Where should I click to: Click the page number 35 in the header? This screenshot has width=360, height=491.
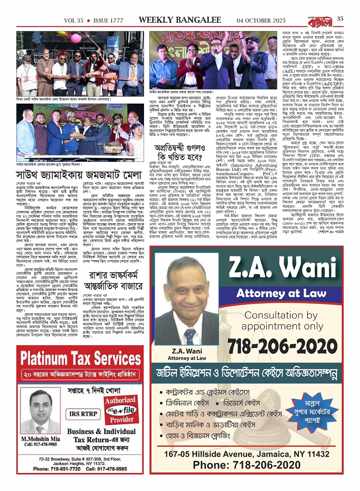coord(340,18)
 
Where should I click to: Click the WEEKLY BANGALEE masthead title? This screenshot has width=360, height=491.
coord(180,20)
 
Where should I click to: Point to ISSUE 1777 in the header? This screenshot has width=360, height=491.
coord(108,21)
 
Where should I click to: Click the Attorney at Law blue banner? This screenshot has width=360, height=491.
coord(282,293)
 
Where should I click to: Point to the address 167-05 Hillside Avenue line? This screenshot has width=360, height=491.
coord(246,454)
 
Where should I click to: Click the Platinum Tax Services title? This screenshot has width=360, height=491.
coord(81,358)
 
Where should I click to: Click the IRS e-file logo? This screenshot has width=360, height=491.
coord(120,410)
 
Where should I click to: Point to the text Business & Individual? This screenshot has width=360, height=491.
coord(101,432)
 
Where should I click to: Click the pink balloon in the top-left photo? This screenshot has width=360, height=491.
coord(75,38)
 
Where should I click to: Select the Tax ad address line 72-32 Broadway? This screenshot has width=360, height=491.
coord(80,459)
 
